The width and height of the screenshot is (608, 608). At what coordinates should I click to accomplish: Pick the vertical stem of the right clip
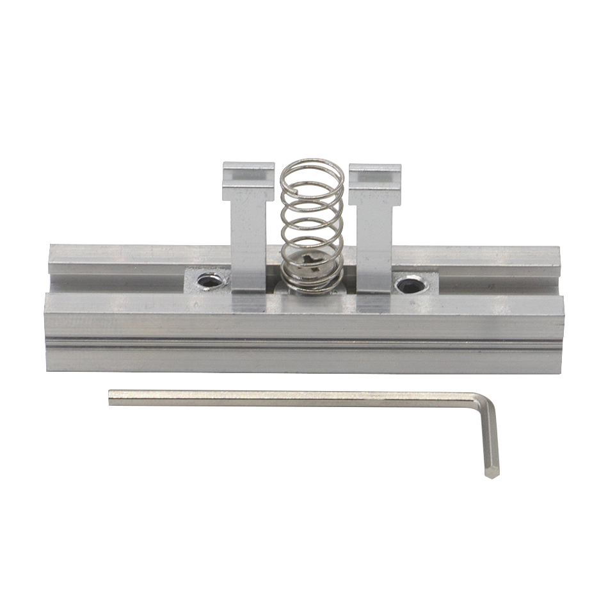372,243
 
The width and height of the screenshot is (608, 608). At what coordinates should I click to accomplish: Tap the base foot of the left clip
248,301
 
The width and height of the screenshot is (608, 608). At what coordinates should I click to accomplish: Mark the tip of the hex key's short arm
492,474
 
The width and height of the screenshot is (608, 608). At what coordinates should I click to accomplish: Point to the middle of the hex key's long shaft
294,399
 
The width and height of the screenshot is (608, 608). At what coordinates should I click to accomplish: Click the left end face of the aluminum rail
47,333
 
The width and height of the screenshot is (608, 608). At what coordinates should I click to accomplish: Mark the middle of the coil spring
312,224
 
